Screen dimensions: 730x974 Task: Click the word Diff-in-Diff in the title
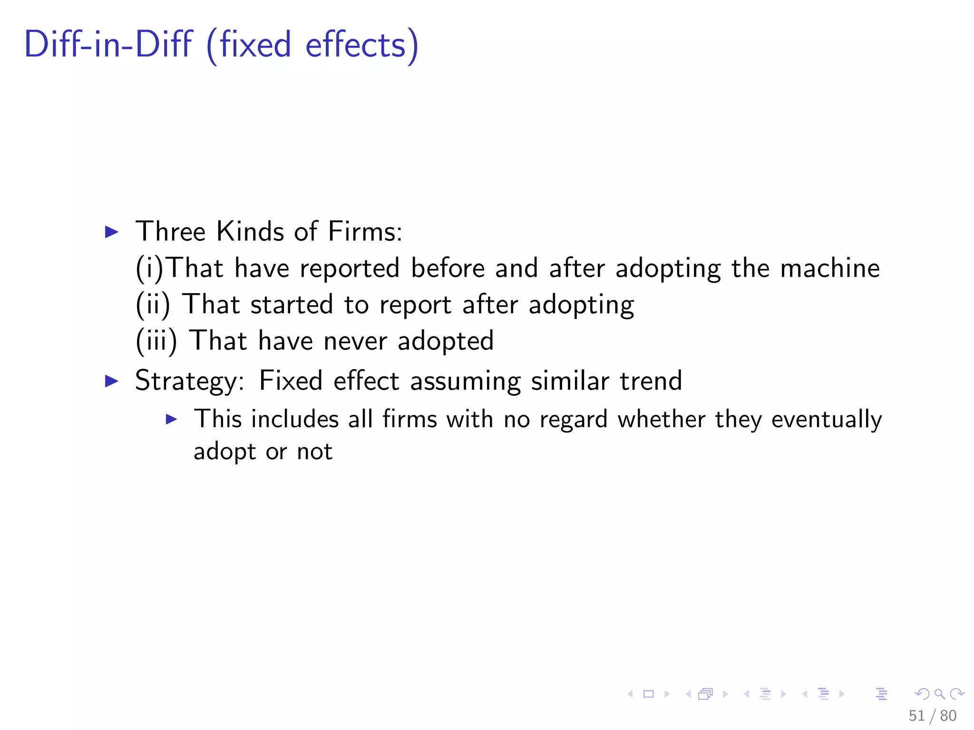pyautogui.click(x=108, y=45)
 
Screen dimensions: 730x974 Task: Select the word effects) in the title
pyautogui.click(x=361, y=46)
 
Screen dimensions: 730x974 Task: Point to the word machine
pyautogui.click(x=830, y=268)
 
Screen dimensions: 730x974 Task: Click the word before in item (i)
pyautogui.click(x=448, y=268)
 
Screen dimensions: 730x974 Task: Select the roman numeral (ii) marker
pyautogui.click(x=153, y=305)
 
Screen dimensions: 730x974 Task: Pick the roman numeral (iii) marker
pyautogui.click(x=156, y=341)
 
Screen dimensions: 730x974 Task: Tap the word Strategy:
pyautogui.click(x=190, y=381)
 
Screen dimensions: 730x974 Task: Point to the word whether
pyautogui.click(x=661, y=419)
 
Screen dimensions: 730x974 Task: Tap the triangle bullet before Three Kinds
pyautogui.click(x=111, y=232)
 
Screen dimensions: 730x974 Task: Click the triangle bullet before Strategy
pyautogui.click(x=111, y=381)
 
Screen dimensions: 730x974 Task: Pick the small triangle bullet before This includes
pyautogui.click(x=171, y=419)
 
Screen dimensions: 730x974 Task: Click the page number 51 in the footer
pyautogui.click(x=916, y=715)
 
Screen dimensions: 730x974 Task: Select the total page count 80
pyautogui.click(x=948, y=715)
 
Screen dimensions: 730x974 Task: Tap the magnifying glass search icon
pyautogui.click(x=939, y=694)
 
